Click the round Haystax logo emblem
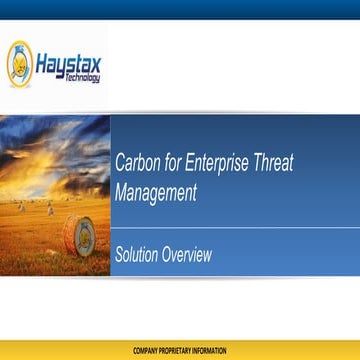(19, 62)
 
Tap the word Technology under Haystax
(84, 79)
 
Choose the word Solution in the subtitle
(138, 254)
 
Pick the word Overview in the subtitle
(189, 254)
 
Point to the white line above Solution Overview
(230, 226)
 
